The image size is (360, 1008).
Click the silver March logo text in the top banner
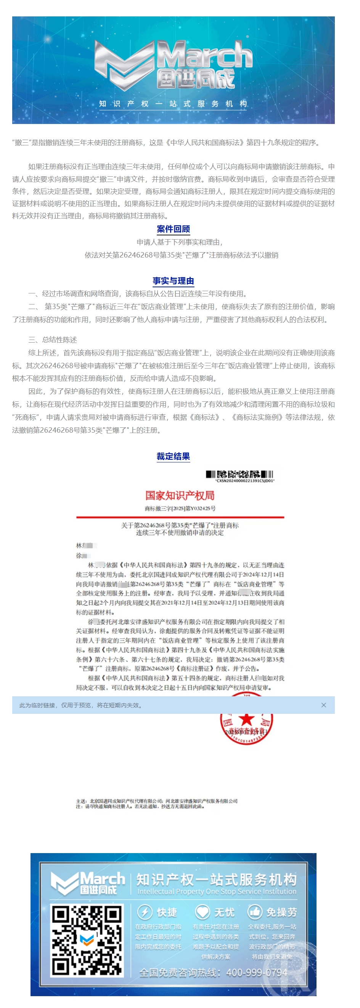pos(204,55)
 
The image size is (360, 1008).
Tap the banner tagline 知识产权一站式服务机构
pos(173,104)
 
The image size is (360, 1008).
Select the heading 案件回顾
pos(174,229)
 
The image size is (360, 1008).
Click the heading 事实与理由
pos(174,280)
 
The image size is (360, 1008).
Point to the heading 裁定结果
pos(174,456)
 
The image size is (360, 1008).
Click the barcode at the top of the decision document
pos(239,474)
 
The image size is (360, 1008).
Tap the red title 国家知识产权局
pos(180,495)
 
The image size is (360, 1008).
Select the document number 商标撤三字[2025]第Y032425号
pos(180,508)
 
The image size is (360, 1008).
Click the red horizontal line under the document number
pos(180,517)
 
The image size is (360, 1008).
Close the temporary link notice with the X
pos(324,705)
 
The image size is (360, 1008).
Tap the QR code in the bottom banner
pos(87,940)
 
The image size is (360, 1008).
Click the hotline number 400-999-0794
pos(257,973)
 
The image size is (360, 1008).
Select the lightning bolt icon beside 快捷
pos(145,912)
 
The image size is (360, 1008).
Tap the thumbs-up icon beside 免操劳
pos(255,912)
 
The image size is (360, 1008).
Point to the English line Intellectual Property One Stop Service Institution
pos(217,891)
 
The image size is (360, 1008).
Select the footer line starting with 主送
pos(156,801)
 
